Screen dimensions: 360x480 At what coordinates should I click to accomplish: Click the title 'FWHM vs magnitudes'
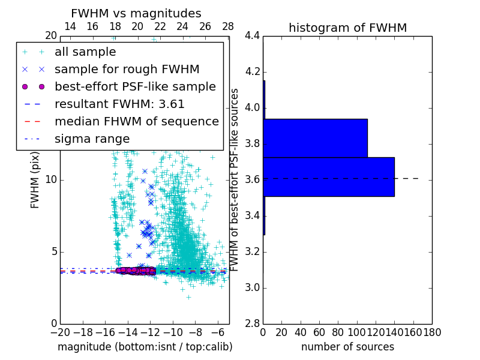click(136, 13)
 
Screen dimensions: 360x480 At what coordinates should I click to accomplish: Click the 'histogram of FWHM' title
click(347, 28)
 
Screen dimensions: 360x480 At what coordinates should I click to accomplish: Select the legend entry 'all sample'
click(85, 52)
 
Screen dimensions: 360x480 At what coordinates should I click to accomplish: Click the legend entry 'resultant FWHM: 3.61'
click(119, 104)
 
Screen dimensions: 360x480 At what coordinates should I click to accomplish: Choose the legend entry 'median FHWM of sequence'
click(136, 121)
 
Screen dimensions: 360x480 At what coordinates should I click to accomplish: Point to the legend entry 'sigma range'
click(92, 139)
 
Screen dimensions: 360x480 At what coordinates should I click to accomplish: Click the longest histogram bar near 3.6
click(329, 177)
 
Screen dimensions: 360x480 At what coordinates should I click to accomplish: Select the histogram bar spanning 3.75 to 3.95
click(315, 138)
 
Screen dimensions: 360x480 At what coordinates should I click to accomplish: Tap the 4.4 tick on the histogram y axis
click(253, 36)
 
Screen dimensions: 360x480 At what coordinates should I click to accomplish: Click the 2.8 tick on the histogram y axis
click(253, 323)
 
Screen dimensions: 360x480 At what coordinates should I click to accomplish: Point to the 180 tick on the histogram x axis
click(432, 332)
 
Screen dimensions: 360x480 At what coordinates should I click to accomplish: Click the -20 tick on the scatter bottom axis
click(60, 332)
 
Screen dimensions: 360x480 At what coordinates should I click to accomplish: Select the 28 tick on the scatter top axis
click(228, 27)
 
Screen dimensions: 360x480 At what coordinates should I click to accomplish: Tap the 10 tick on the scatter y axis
click(51, 180)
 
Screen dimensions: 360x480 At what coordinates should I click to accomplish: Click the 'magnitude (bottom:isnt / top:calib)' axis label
click(145, 347)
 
